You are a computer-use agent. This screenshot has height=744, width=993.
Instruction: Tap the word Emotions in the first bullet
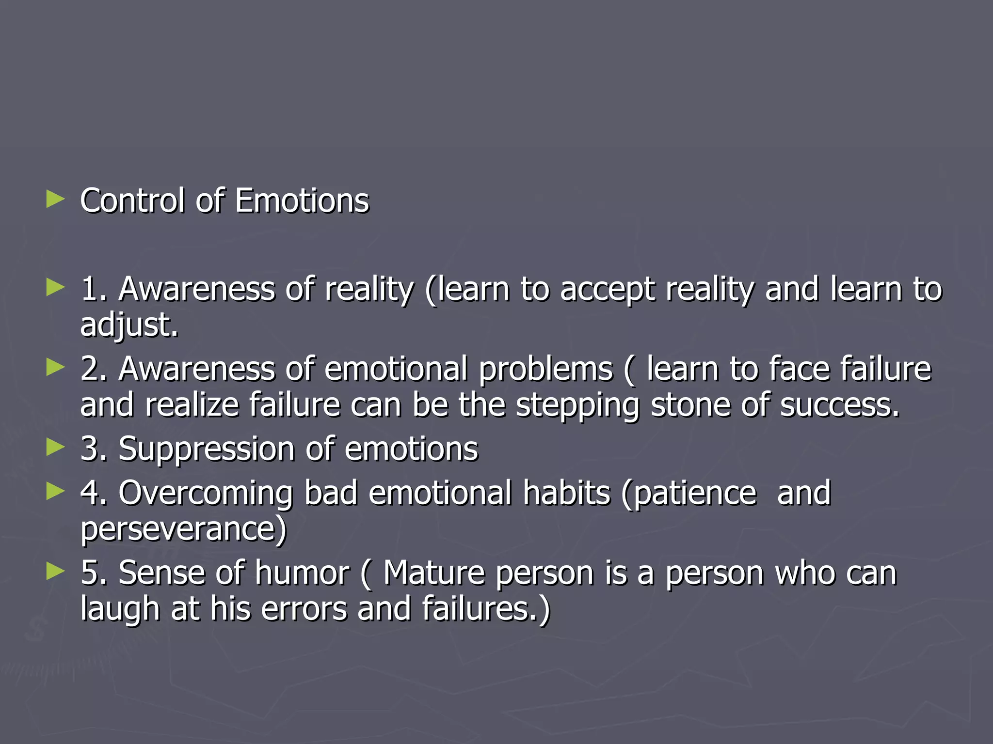click(x=302, y=201)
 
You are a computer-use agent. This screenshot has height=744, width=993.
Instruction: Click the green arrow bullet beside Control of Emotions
click(x=55, y=199)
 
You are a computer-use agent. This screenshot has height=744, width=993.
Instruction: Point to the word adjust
click(x=129, y=325)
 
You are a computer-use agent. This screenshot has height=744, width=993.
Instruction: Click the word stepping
click(x=577, y=406)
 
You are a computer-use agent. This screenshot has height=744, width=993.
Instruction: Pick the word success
click(x=839, y=405)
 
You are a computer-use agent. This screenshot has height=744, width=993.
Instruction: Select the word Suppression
click(x=206, y=449)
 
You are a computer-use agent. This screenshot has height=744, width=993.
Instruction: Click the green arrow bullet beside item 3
click(x=55, y=448)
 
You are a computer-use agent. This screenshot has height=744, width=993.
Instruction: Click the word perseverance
click(x=183, y=529)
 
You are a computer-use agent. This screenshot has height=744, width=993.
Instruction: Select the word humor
click(x=302, y=573)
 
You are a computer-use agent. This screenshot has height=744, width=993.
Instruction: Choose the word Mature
click(x=434, y=573)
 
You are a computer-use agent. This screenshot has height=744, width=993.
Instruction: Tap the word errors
click(x=304, y=609)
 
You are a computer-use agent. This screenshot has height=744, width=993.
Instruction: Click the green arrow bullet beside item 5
click(x=55, y=572)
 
